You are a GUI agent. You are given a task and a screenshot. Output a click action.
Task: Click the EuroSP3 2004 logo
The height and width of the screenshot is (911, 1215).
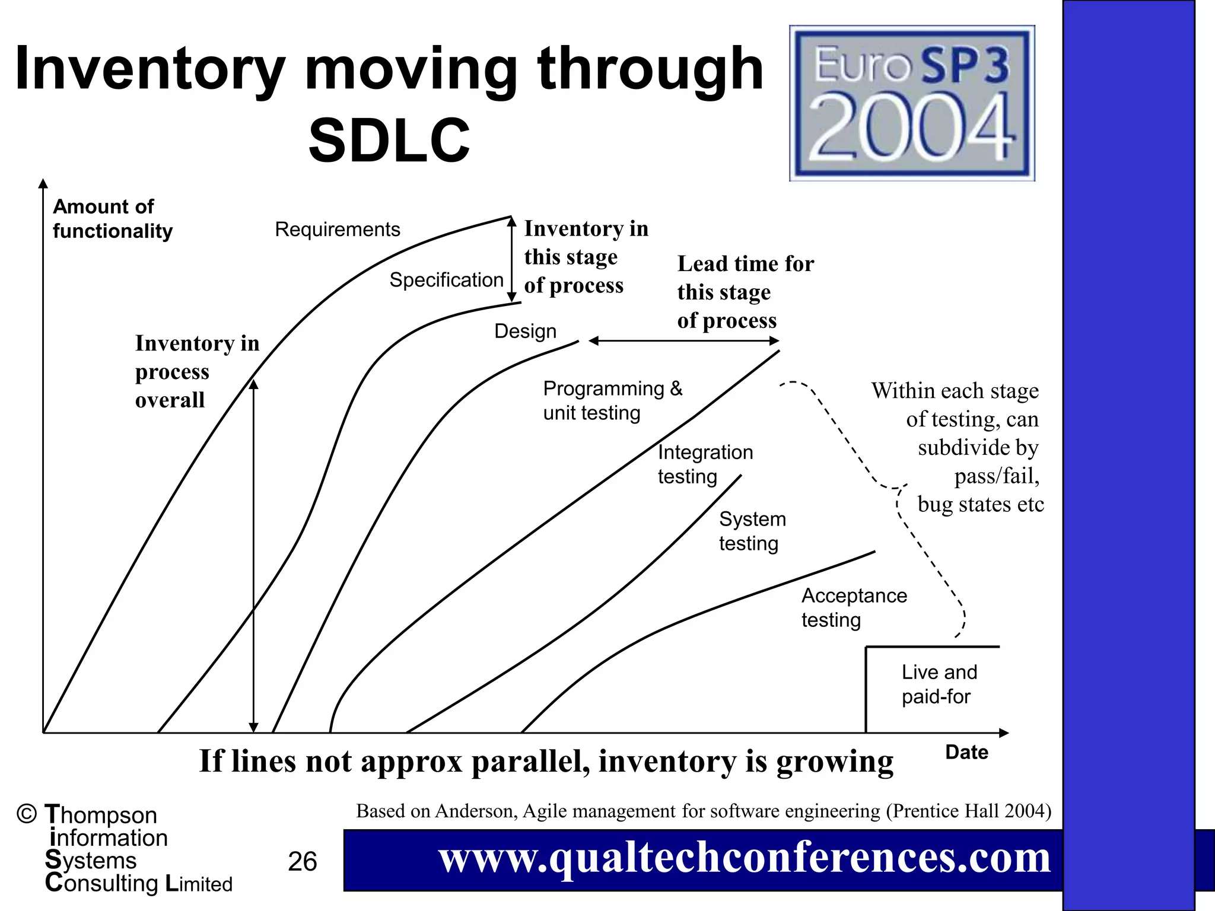(x=912, y=103)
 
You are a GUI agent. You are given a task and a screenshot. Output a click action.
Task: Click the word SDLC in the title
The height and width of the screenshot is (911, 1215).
(x=389, y=141)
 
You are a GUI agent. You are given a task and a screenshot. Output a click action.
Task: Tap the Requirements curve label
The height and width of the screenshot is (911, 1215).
(x=337, y=230)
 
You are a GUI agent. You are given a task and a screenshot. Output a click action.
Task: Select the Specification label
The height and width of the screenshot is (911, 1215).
(x=446, y=280)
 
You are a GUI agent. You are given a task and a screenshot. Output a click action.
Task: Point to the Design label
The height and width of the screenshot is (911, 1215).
(x=525, y=331)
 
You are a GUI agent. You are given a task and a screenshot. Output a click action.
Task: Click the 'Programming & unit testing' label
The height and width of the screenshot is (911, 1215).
(x=612, y=401)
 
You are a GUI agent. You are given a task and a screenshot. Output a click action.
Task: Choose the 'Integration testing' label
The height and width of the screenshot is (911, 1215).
(x=705, y=464)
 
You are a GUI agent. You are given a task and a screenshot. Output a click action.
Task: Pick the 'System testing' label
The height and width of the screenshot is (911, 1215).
(x=752, y=531)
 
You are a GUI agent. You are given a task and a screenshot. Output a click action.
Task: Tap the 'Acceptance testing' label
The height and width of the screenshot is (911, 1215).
(x=854, y=608)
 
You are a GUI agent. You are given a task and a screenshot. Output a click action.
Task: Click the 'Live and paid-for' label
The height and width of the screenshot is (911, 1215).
(x=939, y=684)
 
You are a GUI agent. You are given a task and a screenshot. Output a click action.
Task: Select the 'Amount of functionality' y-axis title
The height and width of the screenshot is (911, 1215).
(x=112, y=219)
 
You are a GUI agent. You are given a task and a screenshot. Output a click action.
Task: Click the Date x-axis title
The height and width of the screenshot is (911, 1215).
(x=966, y=753)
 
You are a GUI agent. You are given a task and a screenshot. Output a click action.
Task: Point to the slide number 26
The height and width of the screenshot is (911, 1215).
(x=302, y=862)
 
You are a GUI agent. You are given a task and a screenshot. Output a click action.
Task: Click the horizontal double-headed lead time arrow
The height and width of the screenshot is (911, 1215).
(x=683, y=341)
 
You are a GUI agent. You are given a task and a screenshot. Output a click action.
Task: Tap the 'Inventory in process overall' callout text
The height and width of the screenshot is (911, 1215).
(x=197, y=372)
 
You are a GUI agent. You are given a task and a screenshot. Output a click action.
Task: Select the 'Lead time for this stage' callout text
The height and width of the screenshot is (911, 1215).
(x=745, y=292)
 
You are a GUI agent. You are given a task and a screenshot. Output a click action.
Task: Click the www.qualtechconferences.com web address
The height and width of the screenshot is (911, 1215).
(x=744, y=858)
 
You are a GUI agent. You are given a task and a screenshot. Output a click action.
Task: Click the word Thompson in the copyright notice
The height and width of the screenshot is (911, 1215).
(x=101, y=816)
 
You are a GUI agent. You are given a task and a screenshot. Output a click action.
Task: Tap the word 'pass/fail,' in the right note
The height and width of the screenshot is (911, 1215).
(x=996, y=476)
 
